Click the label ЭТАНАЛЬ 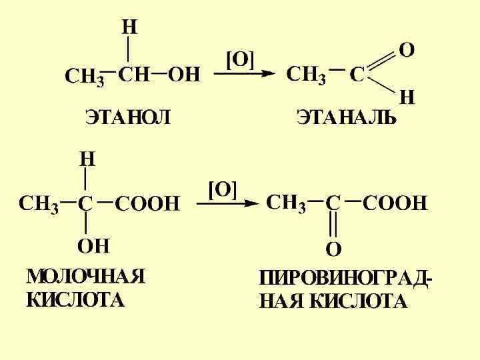tap(346, 119)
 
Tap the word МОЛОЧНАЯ tap(85, 276)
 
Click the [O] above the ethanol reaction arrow tap(241, 60)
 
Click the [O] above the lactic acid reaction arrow tap(223, 189)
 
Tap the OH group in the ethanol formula tap(183, 75)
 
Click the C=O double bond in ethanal tap(382, 61)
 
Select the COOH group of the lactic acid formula tap(148, 203)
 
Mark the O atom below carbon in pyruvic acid tap(333, 249)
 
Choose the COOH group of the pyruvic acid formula tap(395, 203)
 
